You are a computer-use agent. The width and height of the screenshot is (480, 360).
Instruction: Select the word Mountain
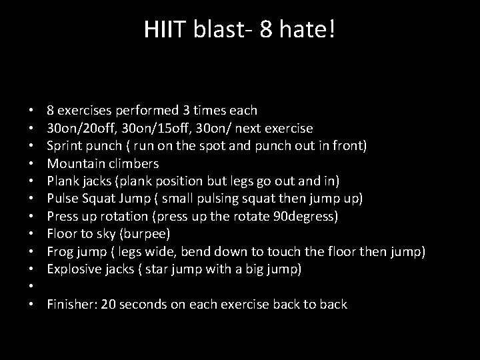click(x=74, y=163)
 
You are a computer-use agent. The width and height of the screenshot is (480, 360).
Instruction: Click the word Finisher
click(x=70, y=305)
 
